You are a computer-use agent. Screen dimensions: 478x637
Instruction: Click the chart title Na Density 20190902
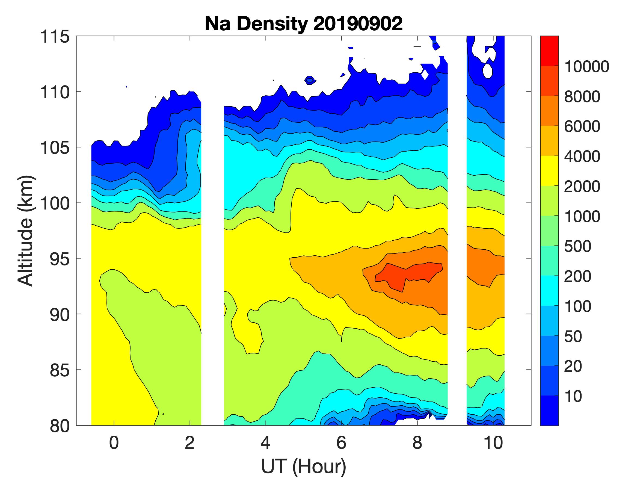click(304, 24)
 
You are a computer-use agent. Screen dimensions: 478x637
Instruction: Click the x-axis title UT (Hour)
click(304, 466)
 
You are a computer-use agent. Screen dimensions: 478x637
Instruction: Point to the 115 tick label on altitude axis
click(55, 37)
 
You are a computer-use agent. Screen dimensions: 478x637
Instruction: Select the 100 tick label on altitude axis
click(55, 203)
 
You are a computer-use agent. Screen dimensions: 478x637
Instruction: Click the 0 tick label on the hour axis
click(114, 442)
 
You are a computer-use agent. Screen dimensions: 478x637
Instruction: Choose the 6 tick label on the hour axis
click(341, 442)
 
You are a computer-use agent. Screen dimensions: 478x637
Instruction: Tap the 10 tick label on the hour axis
click(493, 442)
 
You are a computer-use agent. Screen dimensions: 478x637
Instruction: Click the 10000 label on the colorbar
click(586, 67)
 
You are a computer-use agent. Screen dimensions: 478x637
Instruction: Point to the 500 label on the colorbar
click(578, 246)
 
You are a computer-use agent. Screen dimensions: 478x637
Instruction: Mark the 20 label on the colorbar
click(573, 366)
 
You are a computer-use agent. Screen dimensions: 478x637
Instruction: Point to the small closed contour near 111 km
click(310, 80)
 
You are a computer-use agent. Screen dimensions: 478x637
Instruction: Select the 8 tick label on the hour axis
click(417, 442)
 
